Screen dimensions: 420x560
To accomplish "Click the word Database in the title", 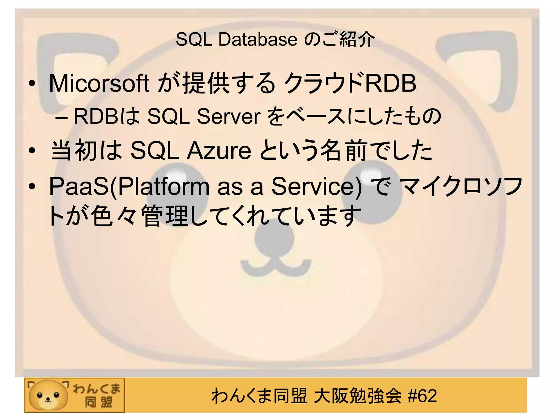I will (x=258, y=40).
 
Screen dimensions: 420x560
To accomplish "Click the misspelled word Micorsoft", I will (x=99, y=83).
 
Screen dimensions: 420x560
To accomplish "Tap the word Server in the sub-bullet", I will (x=229, y=116).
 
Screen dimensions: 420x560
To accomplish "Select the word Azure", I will (x=219, y=151).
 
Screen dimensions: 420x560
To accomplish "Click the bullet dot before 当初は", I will (x=32, y=151).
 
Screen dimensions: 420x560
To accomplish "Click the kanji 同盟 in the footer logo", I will (x=98, y=402).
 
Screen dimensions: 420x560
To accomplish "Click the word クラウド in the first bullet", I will (x=324, y=83).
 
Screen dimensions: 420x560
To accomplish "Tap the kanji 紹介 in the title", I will (x=357, y=40).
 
